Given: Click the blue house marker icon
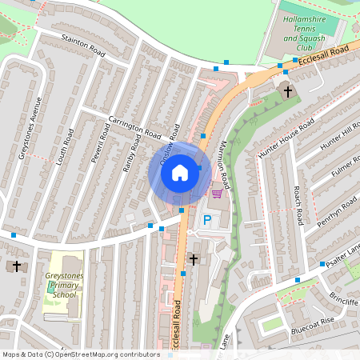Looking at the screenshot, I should (180, 172).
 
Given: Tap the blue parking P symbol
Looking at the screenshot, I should (207, 220).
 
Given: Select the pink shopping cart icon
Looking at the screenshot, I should (216, 193).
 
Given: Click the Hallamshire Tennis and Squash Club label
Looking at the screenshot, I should (312, 38).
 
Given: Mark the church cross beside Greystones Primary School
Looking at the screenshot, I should (16, 266).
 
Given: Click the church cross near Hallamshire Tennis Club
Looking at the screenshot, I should (288, 91).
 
